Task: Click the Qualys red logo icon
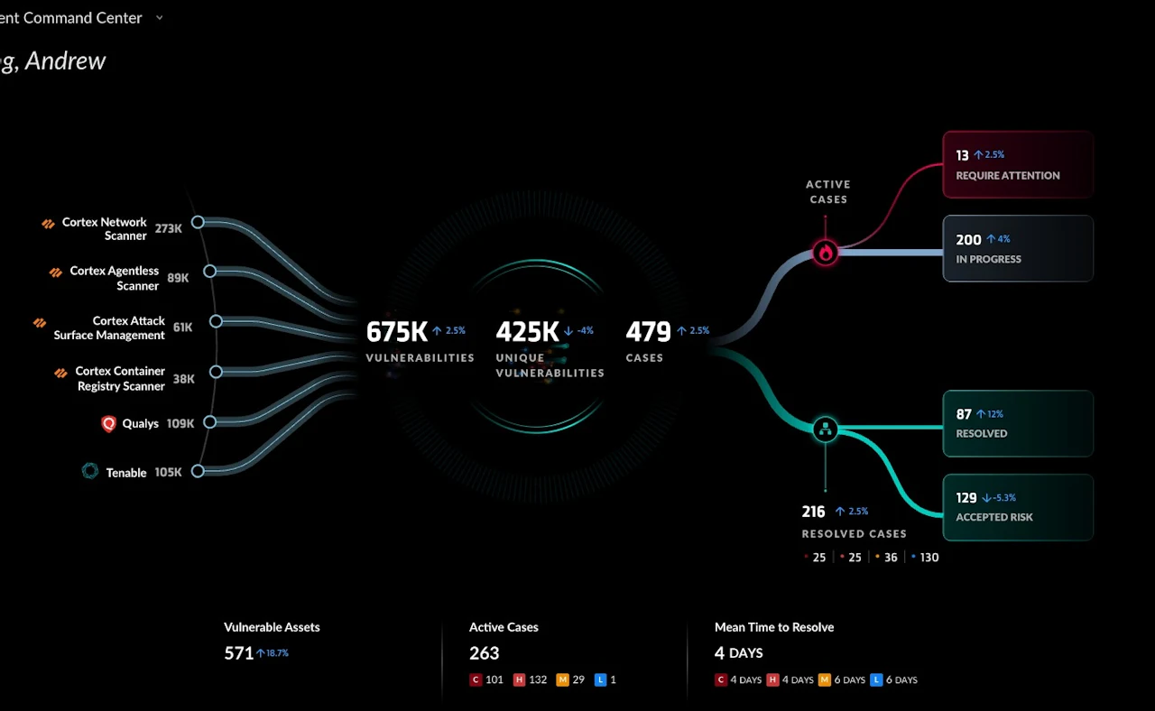[x=108, y=423]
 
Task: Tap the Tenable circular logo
[x=90, y=471]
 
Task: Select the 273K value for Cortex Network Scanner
[x=168, y=228]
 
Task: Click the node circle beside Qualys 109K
[x=210, y=422]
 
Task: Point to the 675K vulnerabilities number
[x=396, y=332]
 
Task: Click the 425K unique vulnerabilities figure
[x=527, y=332]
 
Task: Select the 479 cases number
[x=648, y=332]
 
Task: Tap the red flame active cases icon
[x=825, y=253]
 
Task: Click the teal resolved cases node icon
[x=825, y=429]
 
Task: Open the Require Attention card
[x=1018, y=164]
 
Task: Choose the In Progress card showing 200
[x=1018, y=248]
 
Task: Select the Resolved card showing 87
[x=1018, y=423]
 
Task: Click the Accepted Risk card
[x=1018, y=507]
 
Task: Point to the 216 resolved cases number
[x=813, y=512]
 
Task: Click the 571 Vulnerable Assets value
[x=238, y=652]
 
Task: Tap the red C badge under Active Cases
[x=476, y=679]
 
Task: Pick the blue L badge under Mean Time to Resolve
[x=875, y=679]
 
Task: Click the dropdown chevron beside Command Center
[x=160, y=17]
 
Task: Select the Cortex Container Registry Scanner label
[x=120, y=378]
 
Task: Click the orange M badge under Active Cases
[x=562, y=679]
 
